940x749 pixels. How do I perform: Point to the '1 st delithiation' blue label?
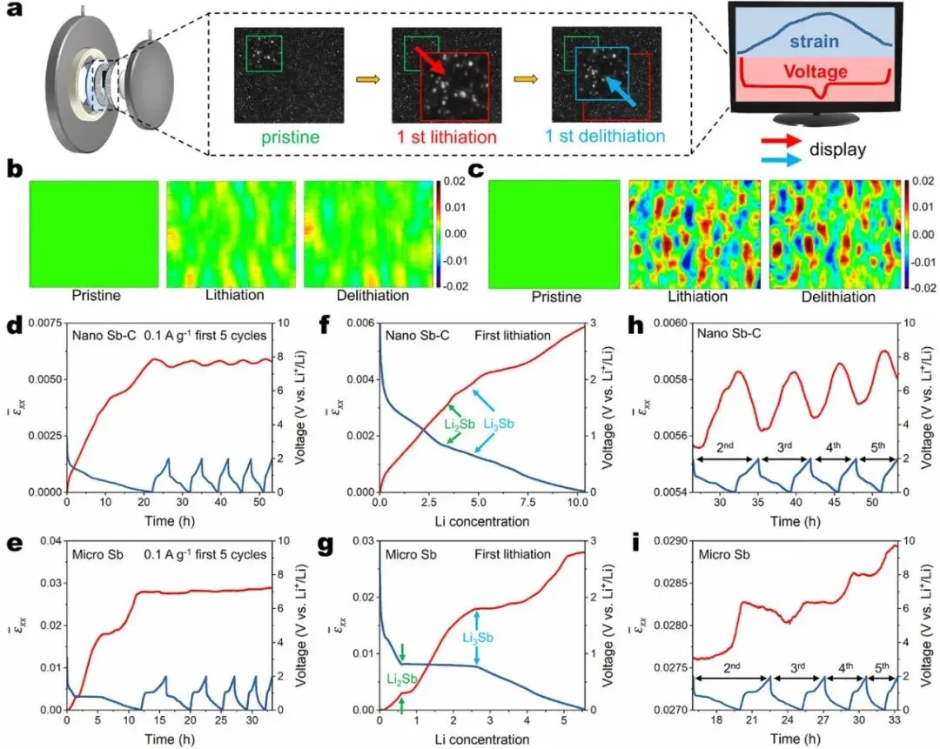click(604, 137)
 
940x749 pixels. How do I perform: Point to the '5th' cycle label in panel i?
click(881, 670)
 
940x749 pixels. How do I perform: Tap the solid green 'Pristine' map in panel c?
click(554, 234)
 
